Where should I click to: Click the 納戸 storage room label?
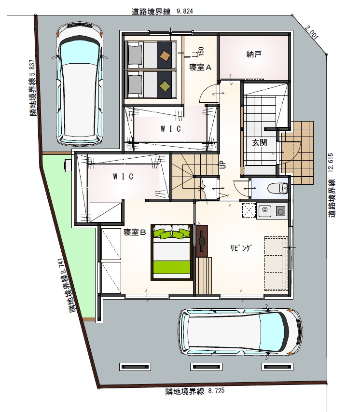coord(254,55)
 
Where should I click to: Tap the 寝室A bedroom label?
coord(200,68)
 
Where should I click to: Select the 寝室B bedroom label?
coord(135,232)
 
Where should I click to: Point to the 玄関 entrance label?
coord(260,143)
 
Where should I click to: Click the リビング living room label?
coord(241,248)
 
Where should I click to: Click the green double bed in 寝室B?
coord(171,252)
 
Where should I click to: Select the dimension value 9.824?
coord(185,12)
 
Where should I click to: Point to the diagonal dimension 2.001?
coord(312,32)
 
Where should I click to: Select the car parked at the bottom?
coord(240,332)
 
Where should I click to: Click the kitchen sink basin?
coord(265,210)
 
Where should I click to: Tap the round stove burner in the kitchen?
coord(281,211)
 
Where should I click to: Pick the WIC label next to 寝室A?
coord(171,129)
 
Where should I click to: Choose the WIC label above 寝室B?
coord(123,177)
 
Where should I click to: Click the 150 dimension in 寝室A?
coord(201,51)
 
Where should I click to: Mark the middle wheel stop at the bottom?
coord(206,367)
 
